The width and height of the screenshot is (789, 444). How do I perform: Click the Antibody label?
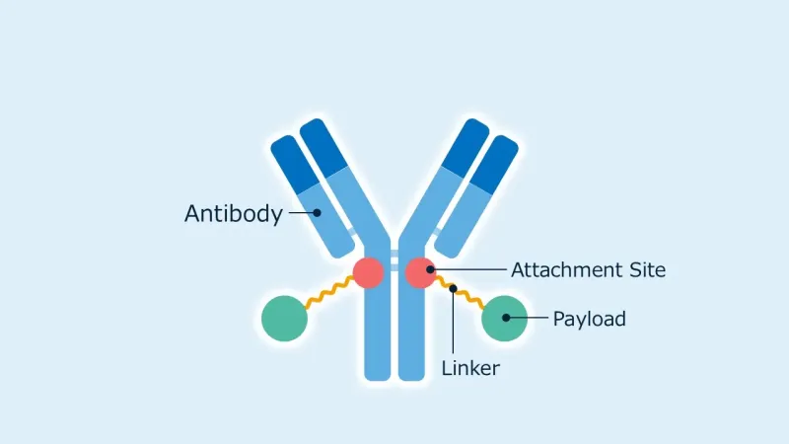click(x=234, y=214)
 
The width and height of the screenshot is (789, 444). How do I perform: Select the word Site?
click(x=648, y=270)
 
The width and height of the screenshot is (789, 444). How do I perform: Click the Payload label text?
click(x=589, y=319)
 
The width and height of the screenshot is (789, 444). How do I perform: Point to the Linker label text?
click(x=470, y=368)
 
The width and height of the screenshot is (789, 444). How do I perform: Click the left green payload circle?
click(x=284, y=319)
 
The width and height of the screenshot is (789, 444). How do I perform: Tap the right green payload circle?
click(x=504, y=319)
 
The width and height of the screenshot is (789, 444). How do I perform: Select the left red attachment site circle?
click(x=368, y=273)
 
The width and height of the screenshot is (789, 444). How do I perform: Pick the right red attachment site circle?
click(x=421, y=273)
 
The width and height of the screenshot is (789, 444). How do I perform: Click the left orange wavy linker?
click(x=329, y=292)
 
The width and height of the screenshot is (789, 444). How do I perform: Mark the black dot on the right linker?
click(x=453, y=288)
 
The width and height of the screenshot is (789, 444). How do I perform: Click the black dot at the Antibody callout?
click(x=317, y=212)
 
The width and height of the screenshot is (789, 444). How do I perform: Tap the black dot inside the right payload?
click(x=506, y=318)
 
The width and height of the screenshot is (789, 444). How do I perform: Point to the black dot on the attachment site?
click(x=430, y=269)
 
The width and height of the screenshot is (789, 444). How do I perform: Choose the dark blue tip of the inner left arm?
click(x=323, y=147)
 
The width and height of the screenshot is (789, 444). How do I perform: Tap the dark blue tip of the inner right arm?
click(x=465, y=147)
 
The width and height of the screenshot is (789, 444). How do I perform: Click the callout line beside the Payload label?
click(x=529, y=318)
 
